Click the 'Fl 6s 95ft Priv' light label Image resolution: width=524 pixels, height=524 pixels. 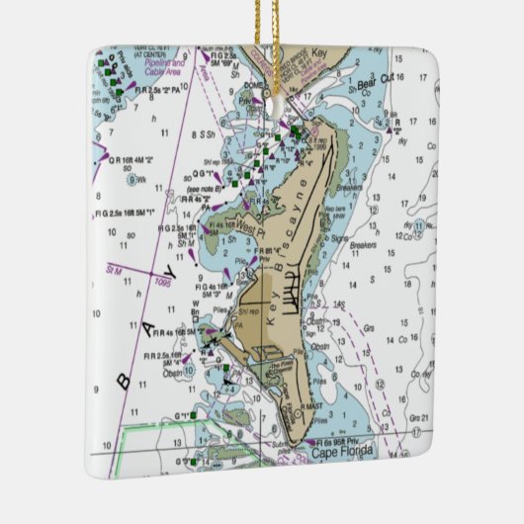click(x=340, y=441)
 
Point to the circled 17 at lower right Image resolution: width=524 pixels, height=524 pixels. click(x=416, y=432)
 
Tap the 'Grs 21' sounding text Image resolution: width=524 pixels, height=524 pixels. click(x=418, y=416)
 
